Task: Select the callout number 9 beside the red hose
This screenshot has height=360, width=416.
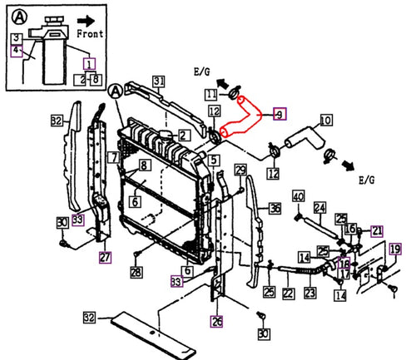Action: coord(279,113)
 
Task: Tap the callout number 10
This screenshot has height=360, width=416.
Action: coord(324,121)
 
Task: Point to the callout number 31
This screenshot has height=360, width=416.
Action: coord(159,80)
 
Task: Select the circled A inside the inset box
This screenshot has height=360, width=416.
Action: coord(16,13)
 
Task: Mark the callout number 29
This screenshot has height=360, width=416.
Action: coord(240,170)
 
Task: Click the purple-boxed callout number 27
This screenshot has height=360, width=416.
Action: coord(106,258)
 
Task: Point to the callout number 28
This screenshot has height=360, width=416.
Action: coord(136,273)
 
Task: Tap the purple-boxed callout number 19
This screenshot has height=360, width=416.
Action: coord(395,249)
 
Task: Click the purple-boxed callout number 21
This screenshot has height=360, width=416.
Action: coord(377,230)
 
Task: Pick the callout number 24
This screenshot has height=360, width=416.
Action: coord(319,207)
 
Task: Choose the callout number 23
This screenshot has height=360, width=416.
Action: coord(310,293)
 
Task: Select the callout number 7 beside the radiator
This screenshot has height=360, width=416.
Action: coord(112,157)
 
